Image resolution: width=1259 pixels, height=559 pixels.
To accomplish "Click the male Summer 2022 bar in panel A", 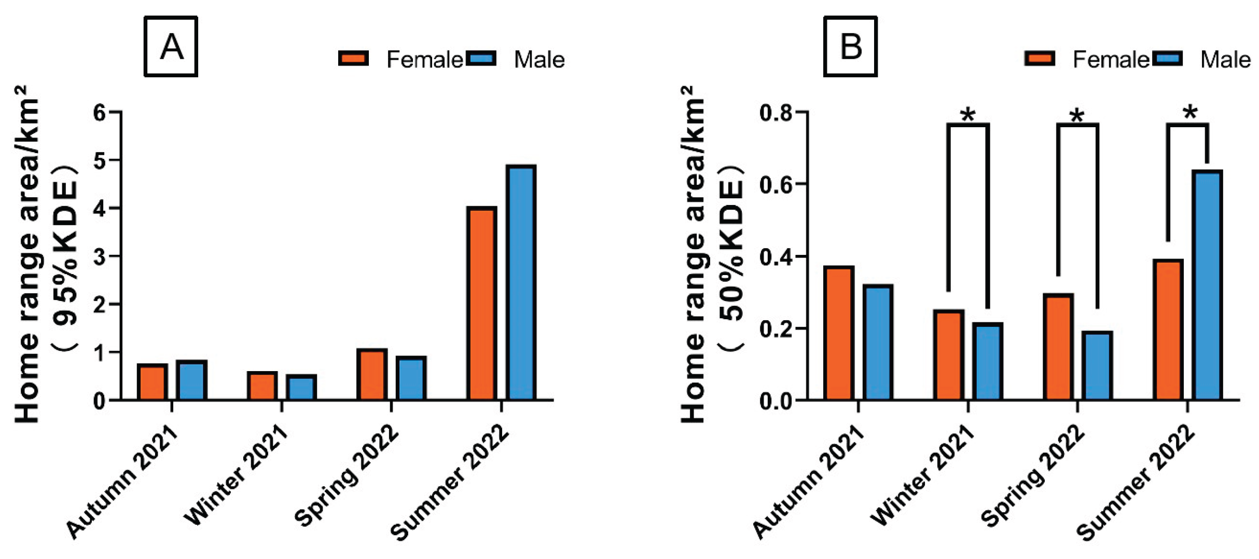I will (521, 283).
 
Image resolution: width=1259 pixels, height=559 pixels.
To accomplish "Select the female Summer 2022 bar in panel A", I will (481, 304).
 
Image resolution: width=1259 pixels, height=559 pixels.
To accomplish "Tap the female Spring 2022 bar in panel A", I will (372, 375).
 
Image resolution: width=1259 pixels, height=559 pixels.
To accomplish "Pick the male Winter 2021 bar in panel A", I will (301, 387).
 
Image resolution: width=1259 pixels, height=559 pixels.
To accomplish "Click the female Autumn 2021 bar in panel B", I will (838, 333).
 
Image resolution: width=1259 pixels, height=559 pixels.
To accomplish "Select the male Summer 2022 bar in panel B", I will (1207, 285).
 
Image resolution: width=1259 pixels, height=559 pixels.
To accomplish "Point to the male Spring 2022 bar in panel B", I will (1097, 366).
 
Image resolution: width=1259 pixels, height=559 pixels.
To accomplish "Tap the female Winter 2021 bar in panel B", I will (948, 355).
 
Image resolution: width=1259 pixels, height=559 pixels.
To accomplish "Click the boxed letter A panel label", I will (171, 47).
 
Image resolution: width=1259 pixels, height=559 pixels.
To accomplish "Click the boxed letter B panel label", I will (850, 47).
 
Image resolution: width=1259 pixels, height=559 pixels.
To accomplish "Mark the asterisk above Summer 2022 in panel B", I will (1191, 112).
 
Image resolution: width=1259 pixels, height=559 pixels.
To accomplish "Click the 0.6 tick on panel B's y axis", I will (776, 185).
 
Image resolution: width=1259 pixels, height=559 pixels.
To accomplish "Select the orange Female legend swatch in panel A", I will (353, 58).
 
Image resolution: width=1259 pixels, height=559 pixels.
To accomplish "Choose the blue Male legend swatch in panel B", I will (1167, 58).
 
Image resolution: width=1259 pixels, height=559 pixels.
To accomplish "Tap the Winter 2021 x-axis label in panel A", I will (236, 475).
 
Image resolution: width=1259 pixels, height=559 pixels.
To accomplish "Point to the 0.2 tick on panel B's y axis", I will (776, 329).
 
